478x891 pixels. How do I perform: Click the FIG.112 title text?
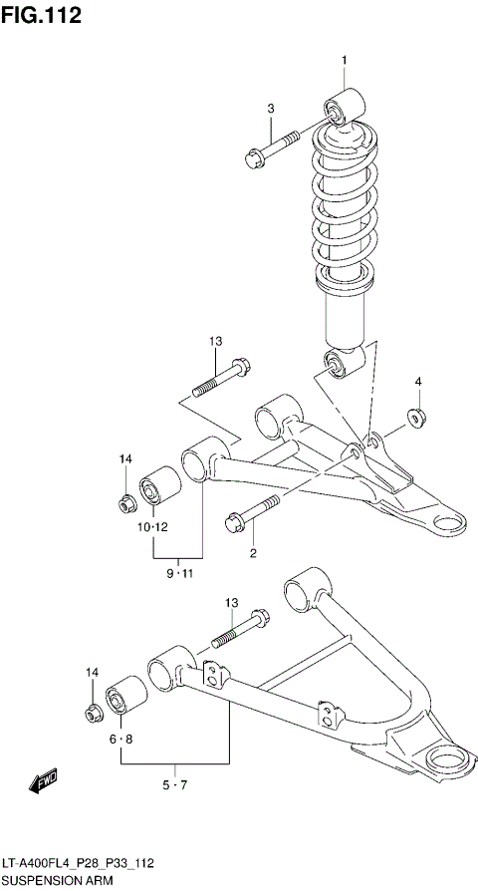pyautogui.click(x=42, y=15)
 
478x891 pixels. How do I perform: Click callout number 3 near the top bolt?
pyautogui.click(x=270, y=109)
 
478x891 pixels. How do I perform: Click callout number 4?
pyautogui.click(x=418, y=382)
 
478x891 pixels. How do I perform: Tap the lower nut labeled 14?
pyautogui.click(x=93, y=714)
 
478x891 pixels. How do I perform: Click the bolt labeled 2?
pyautogui.click(x=249, y=517)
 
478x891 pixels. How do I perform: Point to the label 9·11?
pyautogui.click(x=179, y=572)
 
